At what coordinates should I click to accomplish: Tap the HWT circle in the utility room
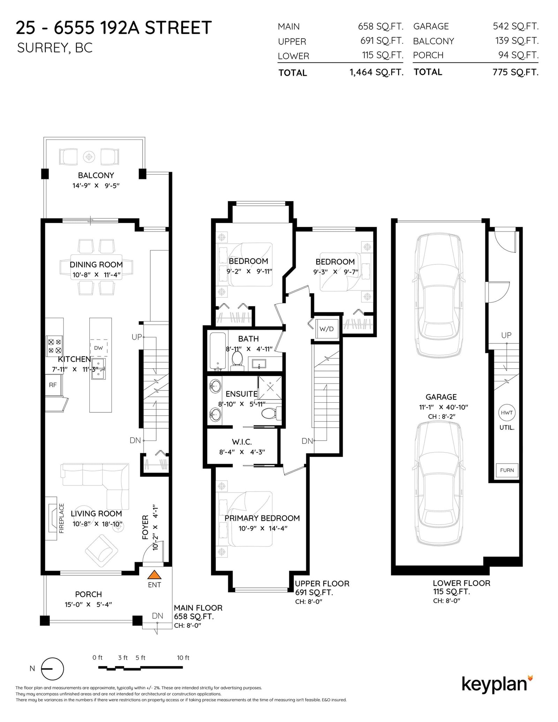pos(506,412)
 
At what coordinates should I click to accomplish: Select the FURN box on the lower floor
pos(507,470)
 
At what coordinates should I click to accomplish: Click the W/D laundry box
pos(326,329)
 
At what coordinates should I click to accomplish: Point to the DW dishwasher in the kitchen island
pos(98,348)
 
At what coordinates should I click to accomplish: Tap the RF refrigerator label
pos(53,385)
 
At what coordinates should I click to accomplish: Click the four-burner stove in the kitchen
pos(54,345)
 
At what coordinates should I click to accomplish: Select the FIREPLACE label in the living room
pos(62,518)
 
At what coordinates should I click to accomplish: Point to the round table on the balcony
pos(89,156)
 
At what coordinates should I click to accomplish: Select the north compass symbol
pos(53,668)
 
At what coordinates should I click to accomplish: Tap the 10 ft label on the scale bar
pos(183,658)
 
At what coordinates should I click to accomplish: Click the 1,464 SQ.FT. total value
pos(376,73)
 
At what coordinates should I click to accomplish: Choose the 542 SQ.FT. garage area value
pos(515,26)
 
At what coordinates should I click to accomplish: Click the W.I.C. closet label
pos(242,442)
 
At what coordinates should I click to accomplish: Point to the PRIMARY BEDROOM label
pos(262,518)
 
